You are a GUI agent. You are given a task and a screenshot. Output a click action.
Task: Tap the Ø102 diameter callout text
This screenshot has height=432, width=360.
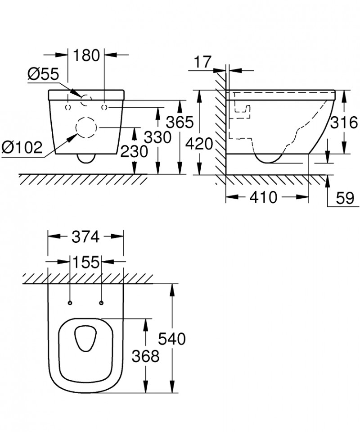pos(22,146)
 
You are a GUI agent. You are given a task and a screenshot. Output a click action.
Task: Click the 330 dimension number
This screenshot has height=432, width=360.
pos(157,137)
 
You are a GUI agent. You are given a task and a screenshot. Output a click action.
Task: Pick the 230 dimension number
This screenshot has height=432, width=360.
pos(134,152)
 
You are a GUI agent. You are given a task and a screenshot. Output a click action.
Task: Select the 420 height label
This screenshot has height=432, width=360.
pos(198,145)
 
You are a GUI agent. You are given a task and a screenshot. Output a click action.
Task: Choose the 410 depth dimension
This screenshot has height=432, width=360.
pos(263,197)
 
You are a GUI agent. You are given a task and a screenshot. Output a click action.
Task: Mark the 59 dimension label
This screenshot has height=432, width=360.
pos(344,197)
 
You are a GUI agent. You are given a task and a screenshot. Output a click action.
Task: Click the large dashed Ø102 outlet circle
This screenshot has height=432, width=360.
pos(86,128)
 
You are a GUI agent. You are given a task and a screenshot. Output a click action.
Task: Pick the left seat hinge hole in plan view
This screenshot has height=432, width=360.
pos(70,302)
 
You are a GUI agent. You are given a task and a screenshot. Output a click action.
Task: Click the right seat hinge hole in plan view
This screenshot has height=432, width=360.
pos(101,302)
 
